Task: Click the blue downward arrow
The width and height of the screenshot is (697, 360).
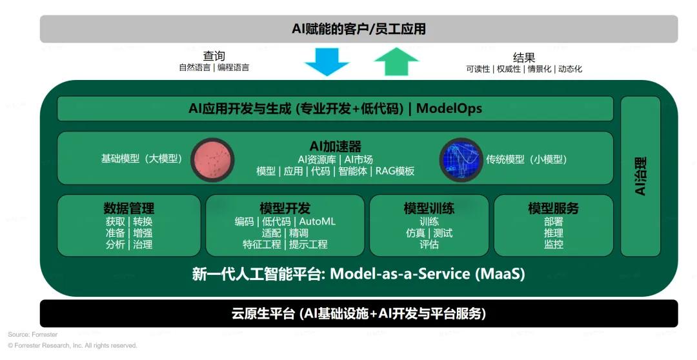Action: click(327, 62)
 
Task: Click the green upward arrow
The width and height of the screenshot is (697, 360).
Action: click(396, 62)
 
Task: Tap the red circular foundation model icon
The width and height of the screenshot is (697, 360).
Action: click(213, 159)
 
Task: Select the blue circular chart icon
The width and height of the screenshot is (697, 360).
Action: click(461, 159)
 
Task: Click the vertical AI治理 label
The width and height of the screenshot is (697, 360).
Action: click(640, 176)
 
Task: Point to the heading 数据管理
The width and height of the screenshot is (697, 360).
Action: click(129, 208)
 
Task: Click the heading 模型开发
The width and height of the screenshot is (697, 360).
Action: click(285, 208)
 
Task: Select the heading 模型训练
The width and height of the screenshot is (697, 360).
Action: click(429, 208)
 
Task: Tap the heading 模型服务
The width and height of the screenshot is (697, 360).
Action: click(554, 208)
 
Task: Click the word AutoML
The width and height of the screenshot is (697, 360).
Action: click(318, 221)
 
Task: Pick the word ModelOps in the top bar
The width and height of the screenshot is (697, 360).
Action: click(449, 108)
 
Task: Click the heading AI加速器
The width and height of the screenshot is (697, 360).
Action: click(336, 146)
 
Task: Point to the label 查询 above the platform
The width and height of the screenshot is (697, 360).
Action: click(214, 56)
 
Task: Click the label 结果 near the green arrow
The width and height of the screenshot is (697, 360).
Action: click(524, 57)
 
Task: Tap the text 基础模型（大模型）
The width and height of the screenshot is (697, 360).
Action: click(142, 159)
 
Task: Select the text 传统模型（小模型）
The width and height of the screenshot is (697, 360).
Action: click(527, 159)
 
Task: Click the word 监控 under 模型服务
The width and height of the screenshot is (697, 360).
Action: click(554, 245)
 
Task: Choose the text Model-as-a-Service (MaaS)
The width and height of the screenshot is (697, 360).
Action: click(427, 274)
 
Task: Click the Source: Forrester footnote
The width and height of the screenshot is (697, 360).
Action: click(33, 334)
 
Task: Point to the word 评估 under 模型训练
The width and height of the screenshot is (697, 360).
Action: click(429, 245)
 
